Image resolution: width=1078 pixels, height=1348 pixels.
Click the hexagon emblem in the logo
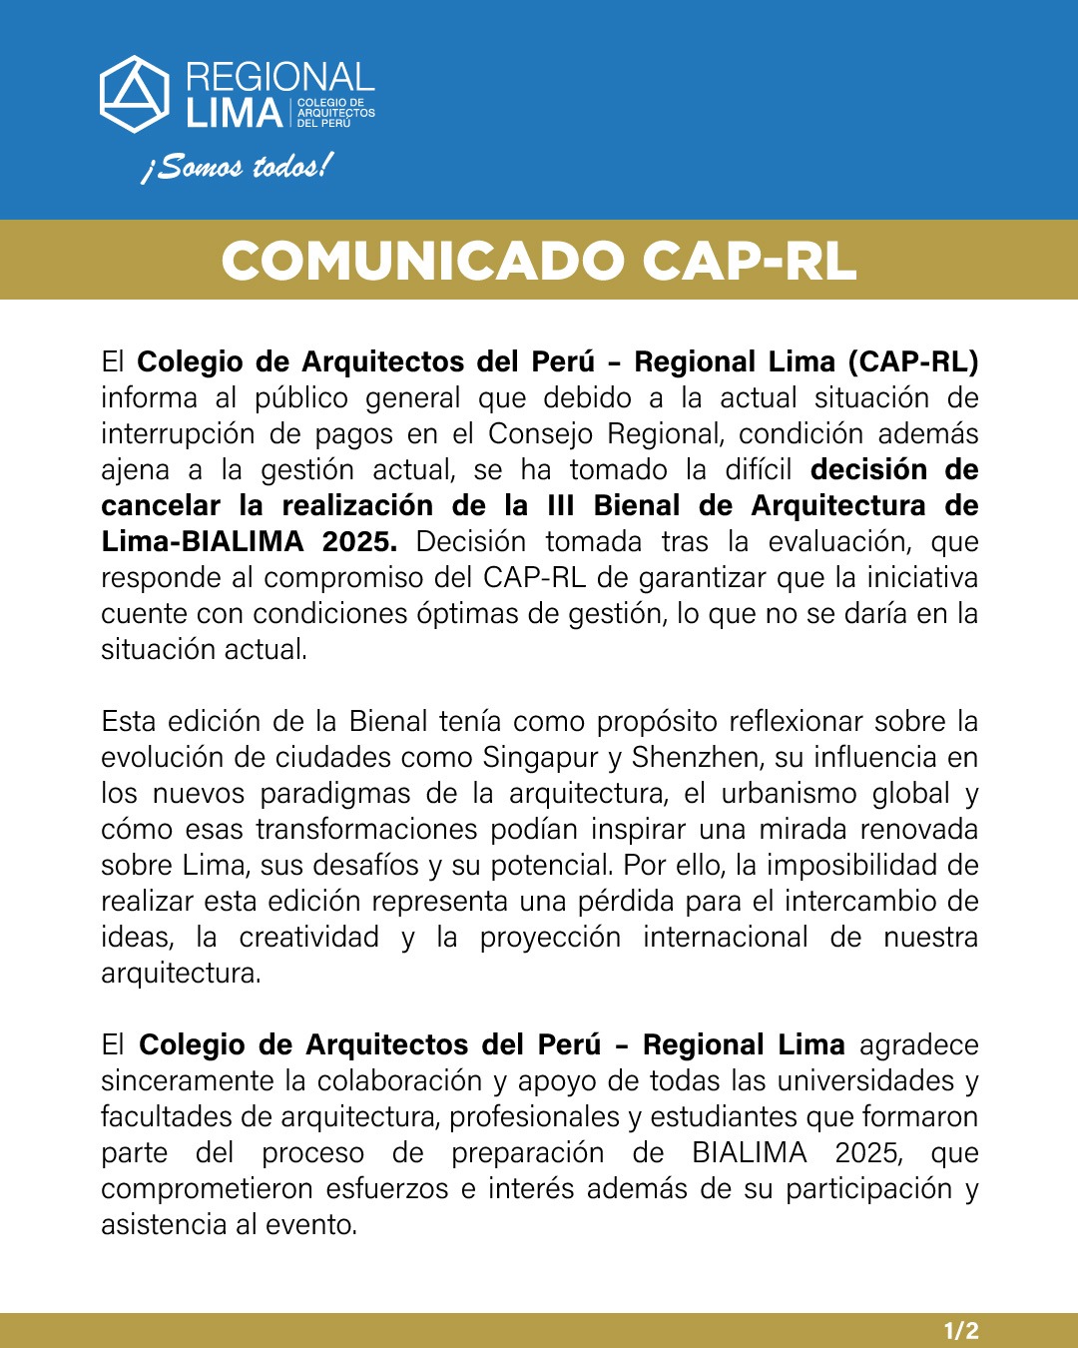[x=135, y=94]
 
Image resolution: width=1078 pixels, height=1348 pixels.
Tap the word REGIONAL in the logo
[x=279, y=77]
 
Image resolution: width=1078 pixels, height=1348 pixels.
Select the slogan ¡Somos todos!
[x=237, y=166]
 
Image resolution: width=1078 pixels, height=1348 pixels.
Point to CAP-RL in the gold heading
[x=749, y=261]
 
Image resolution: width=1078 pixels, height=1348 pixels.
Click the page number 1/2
[x=961, y=1330]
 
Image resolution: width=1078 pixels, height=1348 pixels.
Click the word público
[x=299, y=398]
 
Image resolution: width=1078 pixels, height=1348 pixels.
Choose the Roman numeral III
[x=562, y=506]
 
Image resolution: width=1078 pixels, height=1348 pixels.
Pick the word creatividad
[x=308, y=938]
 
